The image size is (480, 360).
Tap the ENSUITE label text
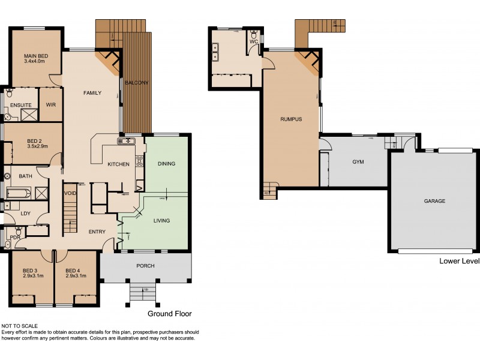(x=20, y=105)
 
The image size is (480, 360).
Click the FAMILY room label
(x=92, y=92)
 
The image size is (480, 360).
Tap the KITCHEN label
(x=118, y=164)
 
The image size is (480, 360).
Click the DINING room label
(x=166, y=164)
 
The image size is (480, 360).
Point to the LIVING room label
(x=161, y=220)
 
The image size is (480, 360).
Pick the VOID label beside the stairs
(x=71, y=193)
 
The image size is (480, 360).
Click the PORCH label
(x=145, y=266)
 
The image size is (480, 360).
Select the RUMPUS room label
(x=290, y=119)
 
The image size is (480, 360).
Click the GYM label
(x=358, y=162)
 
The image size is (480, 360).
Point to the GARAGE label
(x=434, y=201)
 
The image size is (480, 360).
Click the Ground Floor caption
(x=169, y=313)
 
